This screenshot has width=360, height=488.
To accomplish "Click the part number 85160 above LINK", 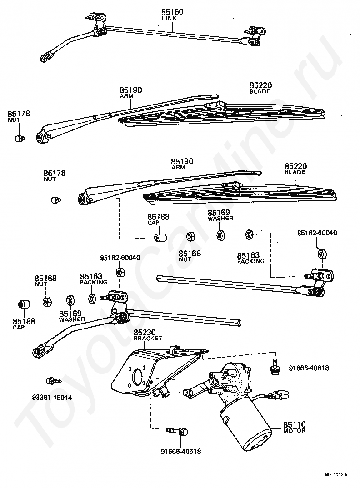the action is (172, 12).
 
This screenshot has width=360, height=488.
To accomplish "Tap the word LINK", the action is (169, 18).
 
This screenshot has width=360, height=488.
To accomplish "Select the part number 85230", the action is (145, 333).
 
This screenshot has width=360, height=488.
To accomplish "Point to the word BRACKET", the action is (148, 339).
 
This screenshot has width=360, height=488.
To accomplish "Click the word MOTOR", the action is (294, 431).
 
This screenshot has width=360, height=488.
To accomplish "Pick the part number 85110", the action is (294, 424).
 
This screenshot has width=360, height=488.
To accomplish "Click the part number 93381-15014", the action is (52, 398).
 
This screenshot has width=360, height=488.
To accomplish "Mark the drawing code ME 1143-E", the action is (336, 475).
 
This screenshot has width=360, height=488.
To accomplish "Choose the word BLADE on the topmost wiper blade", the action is (260, 91).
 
